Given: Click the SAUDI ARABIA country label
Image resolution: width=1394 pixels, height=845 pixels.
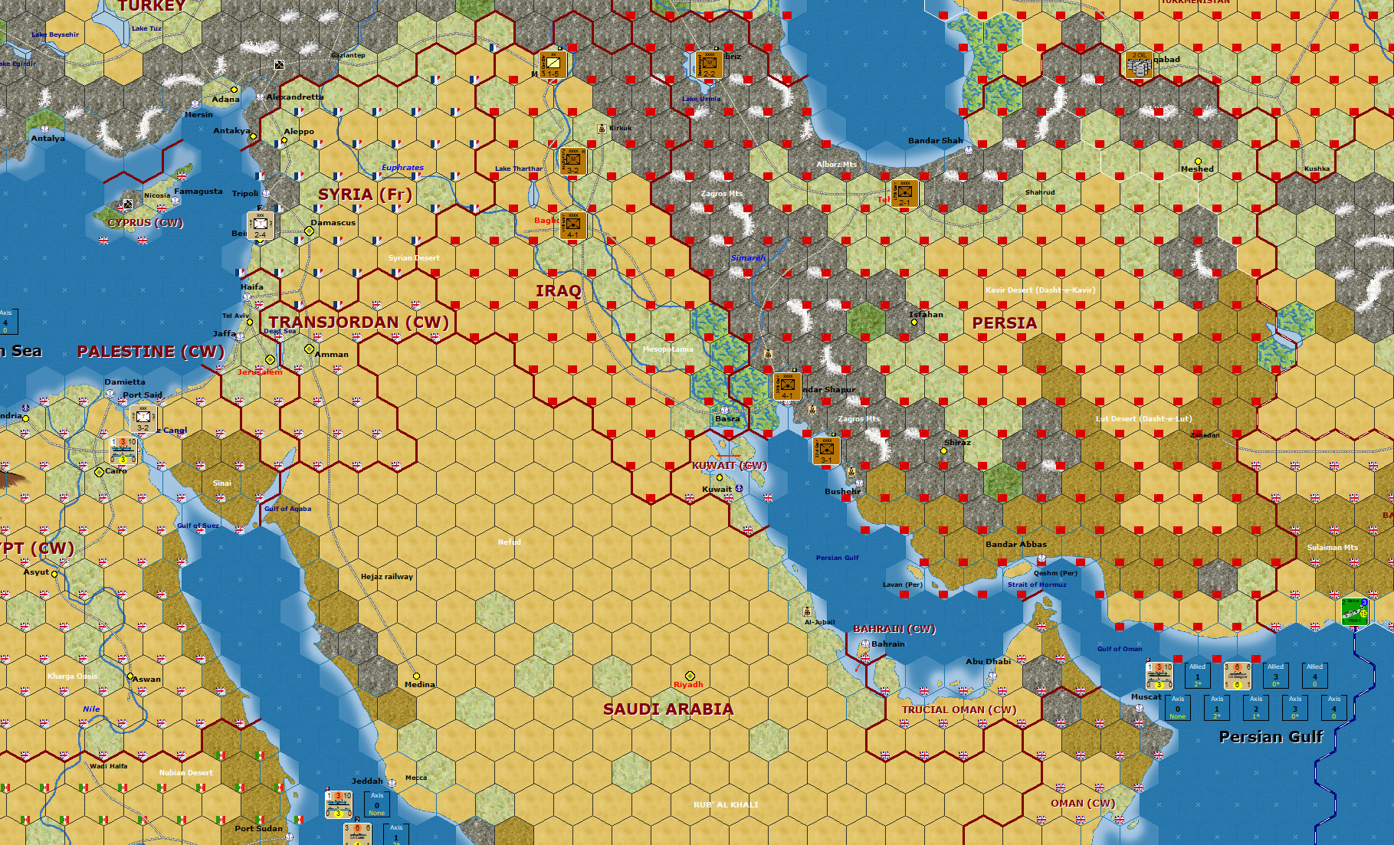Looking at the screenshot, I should point(668,709).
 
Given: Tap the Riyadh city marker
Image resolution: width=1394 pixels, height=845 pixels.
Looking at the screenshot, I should point(690,676).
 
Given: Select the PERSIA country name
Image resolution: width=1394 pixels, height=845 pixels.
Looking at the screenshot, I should point(1004,323).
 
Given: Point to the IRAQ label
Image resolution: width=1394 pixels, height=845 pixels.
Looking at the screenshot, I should point(558,291).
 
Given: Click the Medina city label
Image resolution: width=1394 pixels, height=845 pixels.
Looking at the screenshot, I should point(419,685).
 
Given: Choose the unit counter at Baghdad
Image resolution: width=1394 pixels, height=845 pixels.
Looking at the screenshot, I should point(573,226).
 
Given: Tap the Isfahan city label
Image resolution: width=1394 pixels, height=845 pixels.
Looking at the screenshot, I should point(926,315).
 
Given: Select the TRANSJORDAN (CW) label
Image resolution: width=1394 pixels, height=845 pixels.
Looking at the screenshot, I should point(359,323).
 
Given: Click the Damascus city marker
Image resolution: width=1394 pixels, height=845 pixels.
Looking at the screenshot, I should point(310,231).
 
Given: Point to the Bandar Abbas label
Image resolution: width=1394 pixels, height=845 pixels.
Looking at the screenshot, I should point(1015,545).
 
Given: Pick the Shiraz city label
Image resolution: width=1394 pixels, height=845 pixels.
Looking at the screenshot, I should point(957,443).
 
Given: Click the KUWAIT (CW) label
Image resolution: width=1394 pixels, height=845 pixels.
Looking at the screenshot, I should point(729,466).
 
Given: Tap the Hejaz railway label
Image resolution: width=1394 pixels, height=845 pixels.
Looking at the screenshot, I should point(387,577).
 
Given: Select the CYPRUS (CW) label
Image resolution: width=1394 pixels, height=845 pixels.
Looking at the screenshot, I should point(145,223).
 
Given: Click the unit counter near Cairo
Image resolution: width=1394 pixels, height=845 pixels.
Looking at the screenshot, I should point(123,450).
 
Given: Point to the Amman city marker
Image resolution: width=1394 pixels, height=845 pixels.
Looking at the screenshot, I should point(309,349).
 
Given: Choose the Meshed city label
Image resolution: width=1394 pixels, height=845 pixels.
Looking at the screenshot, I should point(1196,169).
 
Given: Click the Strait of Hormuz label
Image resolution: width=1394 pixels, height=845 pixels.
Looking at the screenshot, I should point(1037,585).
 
